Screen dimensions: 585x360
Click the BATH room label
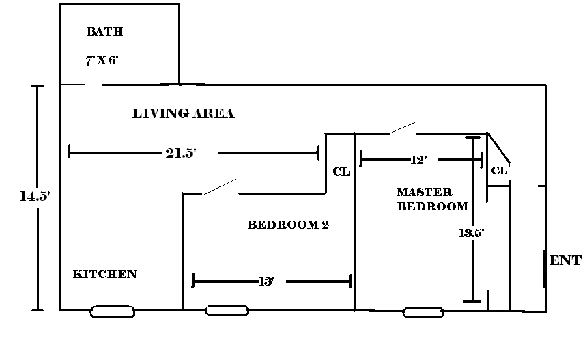pos(104,31)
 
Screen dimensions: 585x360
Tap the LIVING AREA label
pos(183,114)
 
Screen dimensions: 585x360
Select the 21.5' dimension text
pos(181,153)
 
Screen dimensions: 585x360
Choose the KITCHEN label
pos(105,274)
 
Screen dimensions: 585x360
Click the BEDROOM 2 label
pos(288,224)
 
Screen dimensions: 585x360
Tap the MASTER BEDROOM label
pos(433,199)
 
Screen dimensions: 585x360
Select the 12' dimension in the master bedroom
pos(419,160)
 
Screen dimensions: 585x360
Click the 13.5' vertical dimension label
pos(472,233)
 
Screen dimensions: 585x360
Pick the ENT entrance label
pos(566,260)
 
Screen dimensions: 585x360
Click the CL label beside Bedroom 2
pos(341,171)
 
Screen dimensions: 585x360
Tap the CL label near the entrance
pos(500,170)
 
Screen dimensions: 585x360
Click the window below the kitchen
pos(113,312)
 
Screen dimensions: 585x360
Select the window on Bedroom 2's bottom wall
pos(227,311)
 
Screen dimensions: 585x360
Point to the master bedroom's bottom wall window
pos(424,313)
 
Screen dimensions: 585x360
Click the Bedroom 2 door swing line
pos(220,186)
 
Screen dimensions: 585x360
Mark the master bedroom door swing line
pos(402,128)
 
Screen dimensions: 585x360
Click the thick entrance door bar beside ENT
pos(545,269)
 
